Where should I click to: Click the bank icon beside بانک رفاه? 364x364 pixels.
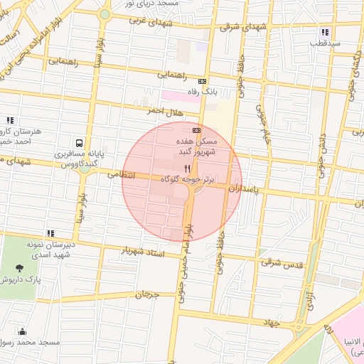pos(203,81)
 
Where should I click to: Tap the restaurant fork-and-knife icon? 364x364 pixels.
pos(188,168)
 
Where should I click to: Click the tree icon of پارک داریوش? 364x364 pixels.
pos(19,268)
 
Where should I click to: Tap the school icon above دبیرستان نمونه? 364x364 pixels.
pos(50,232)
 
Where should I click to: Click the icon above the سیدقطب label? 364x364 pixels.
pos(325,32)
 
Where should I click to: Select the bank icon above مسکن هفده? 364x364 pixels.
pos(196,130)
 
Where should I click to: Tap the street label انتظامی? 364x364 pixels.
pos(121,173)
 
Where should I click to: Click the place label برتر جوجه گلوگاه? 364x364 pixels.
pos(187,181)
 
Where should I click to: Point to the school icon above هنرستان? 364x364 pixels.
pos(10,121)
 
